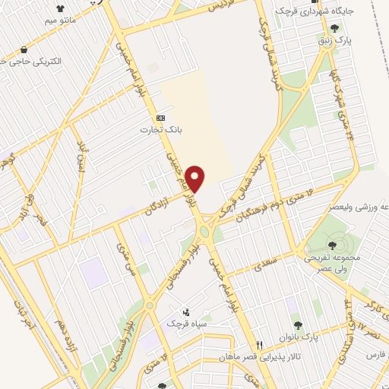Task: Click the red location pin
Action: pyautogui.click(x=196, y=179)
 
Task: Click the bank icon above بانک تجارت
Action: pyautogui.click(x=160, y=119)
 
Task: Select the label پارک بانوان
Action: pyautogui.click(x=321, y=337)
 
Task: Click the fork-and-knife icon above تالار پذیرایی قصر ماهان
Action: pyautogui.click(x=259, y=344)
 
